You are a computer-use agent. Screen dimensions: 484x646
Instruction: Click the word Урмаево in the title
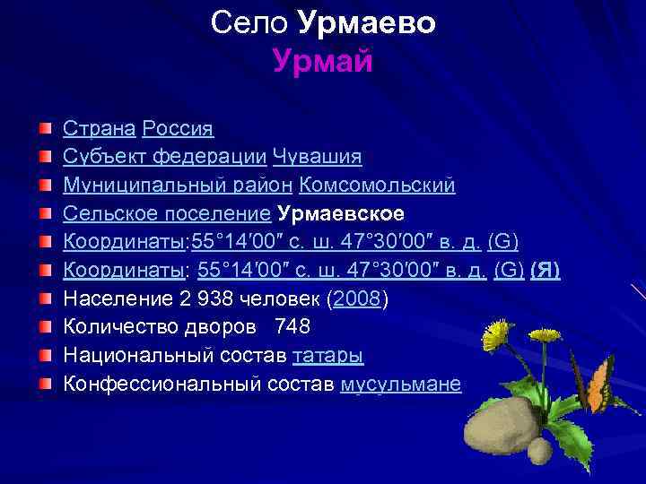point(366,23)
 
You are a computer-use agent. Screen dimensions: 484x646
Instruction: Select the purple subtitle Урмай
point(322,61)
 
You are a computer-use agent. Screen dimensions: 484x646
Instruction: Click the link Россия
point(178,129)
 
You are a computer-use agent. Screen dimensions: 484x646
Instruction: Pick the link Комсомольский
point(377,186)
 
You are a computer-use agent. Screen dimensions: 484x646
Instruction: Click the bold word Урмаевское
point(341,213)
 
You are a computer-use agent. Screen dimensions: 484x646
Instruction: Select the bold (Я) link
point(546,270)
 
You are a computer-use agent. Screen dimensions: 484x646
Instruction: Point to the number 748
point(293,327)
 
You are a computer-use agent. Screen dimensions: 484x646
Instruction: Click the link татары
point(327,356)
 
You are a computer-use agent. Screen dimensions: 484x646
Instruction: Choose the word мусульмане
point(401,385)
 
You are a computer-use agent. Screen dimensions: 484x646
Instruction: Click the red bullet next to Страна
point(45,129)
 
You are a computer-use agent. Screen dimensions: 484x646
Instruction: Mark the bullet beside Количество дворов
point(45,327)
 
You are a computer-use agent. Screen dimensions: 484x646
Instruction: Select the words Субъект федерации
point(164,157)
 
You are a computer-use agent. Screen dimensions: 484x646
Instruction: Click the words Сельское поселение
point(167,213)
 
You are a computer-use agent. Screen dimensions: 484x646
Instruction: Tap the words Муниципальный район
point(177,186)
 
